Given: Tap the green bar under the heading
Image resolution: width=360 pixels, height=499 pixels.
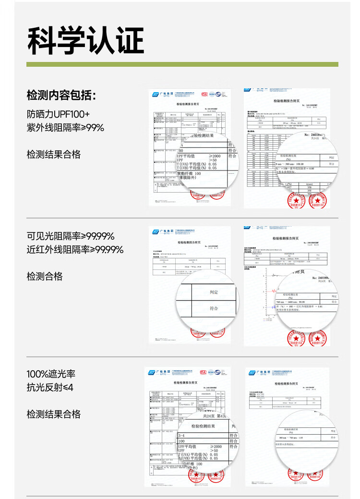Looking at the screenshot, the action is (x=182, y=64).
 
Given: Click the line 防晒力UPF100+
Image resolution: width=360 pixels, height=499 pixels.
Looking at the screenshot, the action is (x=58, y=114).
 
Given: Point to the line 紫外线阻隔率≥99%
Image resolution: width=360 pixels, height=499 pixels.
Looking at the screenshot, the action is (x=65, y=128).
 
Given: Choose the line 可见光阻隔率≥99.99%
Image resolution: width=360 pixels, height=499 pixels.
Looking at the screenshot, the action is (x=70, y=236).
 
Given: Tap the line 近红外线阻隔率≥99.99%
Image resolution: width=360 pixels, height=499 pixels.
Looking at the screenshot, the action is (x=75, y=249).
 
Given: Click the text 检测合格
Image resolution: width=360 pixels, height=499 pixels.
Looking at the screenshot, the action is (x=45, y=276).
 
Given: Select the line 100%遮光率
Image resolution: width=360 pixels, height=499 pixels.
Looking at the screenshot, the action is (x=51, y=374).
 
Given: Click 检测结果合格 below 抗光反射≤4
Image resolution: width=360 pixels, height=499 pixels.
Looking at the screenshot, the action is (x=54, y=414).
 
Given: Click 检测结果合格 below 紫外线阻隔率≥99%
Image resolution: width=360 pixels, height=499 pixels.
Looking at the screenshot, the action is (x=54, y=155).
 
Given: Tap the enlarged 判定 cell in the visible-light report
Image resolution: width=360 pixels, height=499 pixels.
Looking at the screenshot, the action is (x=214, y=292).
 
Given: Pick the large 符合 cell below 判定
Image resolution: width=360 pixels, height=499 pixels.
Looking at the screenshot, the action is (x=214, y=309).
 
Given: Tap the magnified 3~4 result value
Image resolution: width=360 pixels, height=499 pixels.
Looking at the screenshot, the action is (x=185, y=435).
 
